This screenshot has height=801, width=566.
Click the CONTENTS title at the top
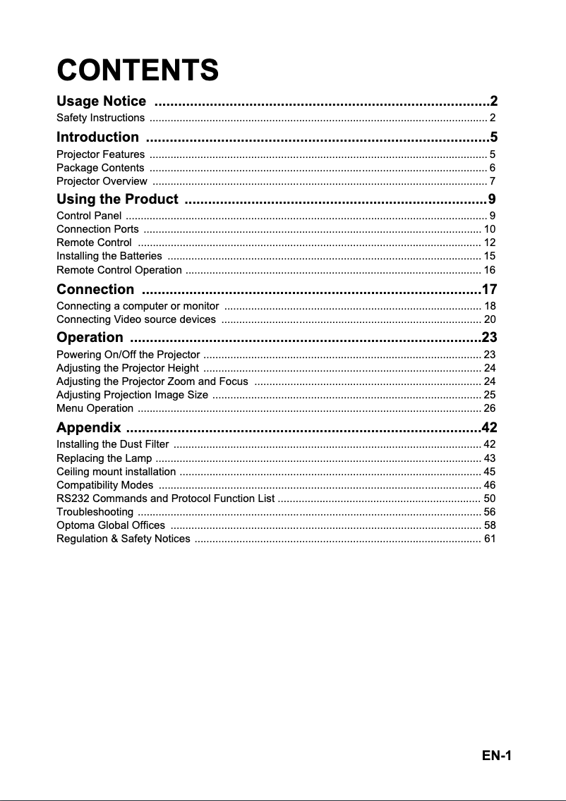pos(138,71)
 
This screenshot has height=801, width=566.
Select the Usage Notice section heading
pos(102,102)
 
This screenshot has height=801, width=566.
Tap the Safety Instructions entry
pos(100,117)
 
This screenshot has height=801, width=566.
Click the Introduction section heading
pos(97,137)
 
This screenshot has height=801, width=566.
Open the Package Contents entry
pos(100,168)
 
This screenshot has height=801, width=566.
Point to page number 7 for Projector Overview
pos(492,182)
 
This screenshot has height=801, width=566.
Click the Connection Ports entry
pos(97,229)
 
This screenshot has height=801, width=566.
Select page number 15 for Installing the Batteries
pos(489,256)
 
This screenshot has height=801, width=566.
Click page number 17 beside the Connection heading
pos(489,290)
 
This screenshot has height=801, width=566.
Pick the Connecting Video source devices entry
pos(136,320)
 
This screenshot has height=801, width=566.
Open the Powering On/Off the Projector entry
pos(128,354)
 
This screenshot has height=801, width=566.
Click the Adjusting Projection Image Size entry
pos(132,394)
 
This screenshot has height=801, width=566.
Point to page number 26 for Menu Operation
pos(489,408)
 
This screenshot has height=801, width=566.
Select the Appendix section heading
pos(88,428)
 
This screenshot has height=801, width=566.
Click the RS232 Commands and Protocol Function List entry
pos(165,499)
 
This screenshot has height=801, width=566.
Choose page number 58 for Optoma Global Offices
pos(489,525)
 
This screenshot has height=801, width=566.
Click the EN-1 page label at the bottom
pos(497,756)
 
